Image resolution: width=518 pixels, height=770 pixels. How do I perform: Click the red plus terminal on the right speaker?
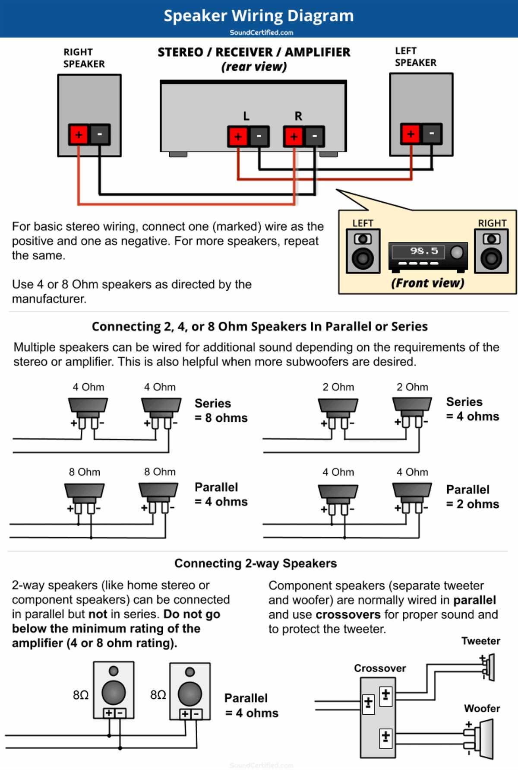[79, 135]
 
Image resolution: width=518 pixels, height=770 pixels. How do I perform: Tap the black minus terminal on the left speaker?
[431, 134]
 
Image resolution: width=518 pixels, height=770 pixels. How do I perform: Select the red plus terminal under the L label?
[238, 137]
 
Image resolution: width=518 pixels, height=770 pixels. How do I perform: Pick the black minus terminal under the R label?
[314, 137]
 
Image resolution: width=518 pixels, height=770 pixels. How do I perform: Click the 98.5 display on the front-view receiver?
[423, 251]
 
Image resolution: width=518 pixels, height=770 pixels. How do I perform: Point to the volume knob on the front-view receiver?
[456, 252]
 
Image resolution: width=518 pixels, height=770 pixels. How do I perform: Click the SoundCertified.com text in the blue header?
[261, 32]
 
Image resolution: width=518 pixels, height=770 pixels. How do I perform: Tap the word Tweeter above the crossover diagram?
[480, 641]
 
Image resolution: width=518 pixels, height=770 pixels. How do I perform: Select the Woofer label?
[482, 708]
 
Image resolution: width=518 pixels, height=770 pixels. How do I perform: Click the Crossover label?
[380, 668]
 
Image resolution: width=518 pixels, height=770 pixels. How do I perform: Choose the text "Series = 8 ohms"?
[221, 410]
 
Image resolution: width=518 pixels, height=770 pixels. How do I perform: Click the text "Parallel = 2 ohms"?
[472, 497]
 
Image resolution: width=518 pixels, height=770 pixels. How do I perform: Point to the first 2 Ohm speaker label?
[338, 387]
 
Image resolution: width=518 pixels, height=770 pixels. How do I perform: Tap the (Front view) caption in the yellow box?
[427, 283]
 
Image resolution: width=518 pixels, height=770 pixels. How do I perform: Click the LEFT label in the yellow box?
[363, 223]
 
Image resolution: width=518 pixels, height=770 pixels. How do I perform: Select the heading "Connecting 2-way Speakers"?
[256, 563]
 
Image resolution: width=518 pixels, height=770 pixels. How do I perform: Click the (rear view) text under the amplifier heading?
[254, 67]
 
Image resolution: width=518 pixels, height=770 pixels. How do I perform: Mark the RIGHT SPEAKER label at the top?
[84, 58]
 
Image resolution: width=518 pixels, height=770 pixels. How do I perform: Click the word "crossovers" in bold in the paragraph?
[348, 614]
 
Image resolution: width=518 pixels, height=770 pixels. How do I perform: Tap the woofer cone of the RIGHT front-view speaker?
[491, 259]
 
